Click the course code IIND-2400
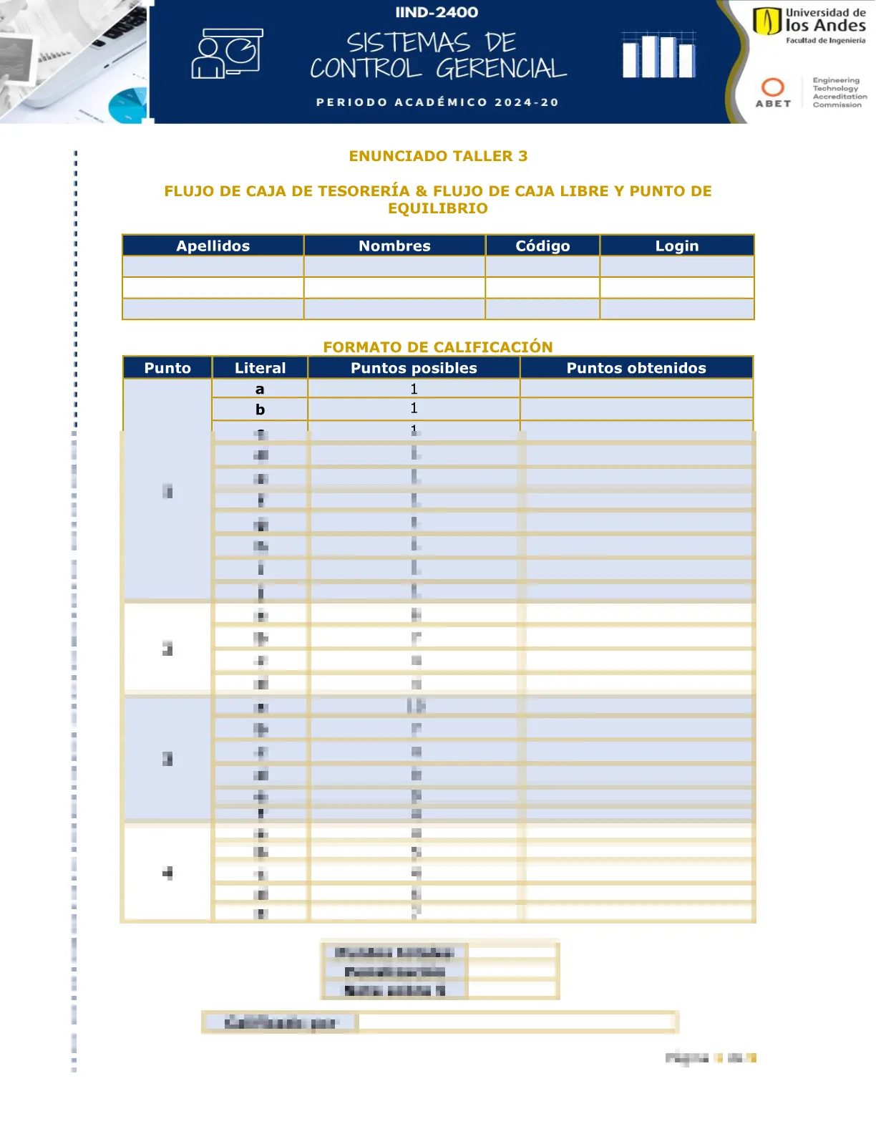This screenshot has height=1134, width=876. pyautogui.click(x=437, y=12)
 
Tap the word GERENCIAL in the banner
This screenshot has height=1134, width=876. pyautogui.click(x=501, y=69)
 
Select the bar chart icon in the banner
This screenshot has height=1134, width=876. pyautogui.click(x=658, y=55)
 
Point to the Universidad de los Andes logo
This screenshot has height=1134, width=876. pyautogui.click(x=809, y=24)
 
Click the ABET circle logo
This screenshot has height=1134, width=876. pyautogui.click(x=773, y=88)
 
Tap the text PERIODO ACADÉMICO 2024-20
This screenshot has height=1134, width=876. pyautogui.click(x=437, y=102)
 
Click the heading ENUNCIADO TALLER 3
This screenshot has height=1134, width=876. pyautogui.click(x=438, y=156)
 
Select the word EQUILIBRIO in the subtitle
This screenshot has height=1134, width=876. pyautogui.click(x=438, y=208)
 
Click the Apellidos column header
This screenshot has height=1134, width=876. pyautogui.click(x=213, y=246)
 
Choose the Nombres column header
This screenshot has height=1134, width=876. pyautogui.click(x=394, y=246)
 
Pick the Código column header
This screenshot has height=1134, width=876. pyautogui.click(x=542, y=246)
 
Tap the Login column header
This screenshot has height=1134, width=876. pyautogui.click(x=677, y=246)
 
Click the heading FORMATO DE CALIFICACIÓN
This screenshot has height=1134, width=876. pyautogui.click(x=438, y=347)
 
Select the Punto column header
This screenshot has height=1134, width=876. pyautogui.click(x=167, y=368)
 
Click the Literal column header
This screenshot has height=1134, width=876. pyautogui.click(x=260, y=368)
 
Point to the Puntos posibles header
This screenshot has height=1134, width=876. pyautogui.click(x=414, y=368)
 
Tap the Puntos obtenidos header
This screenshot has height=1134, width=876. pyautogui.click(x=636, y=368)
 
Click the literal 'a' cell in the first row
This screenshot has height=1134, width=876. pyautogui.click(x=260, y=389)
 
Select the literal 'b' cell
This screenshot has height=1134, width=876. pyautogui.click(x=260, y=409)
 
